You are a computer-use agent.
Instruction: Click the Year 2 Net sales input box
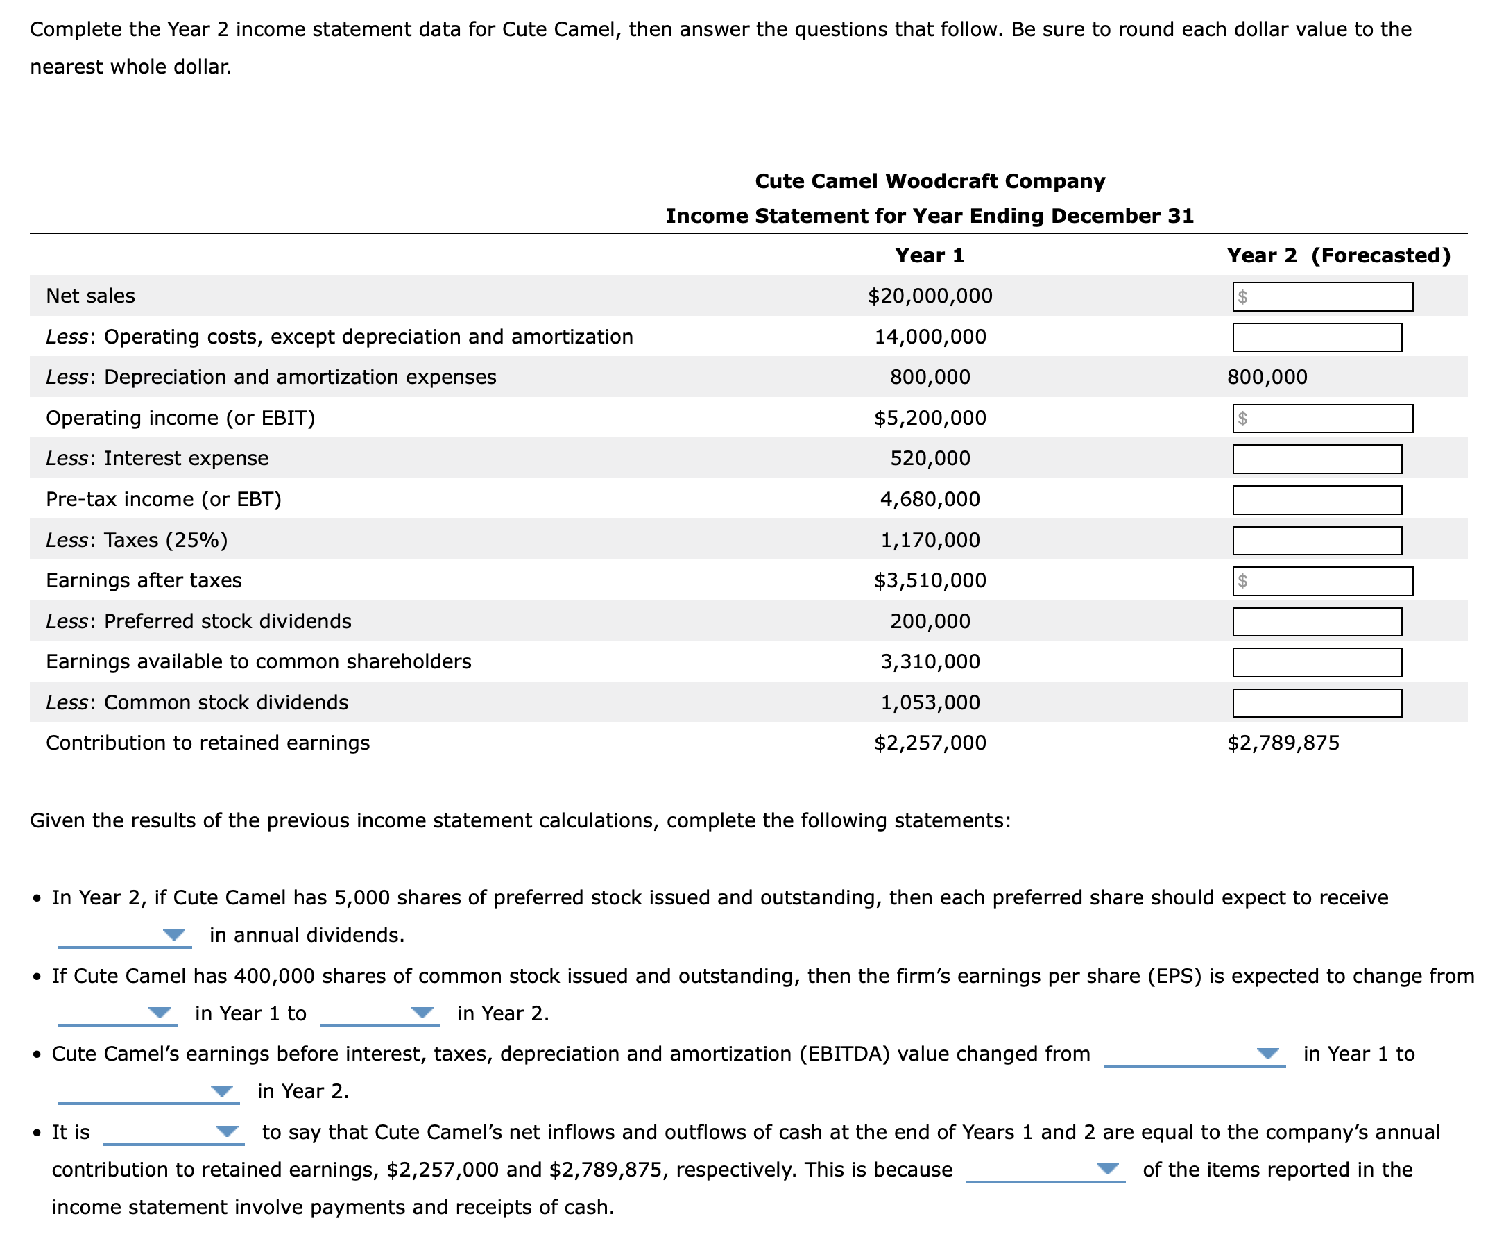coord(1322,296)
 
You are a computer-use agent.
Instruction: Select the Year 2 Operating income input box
coord(1322,419)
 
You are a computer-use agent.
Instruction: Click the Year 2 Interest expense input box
coord(1317,459)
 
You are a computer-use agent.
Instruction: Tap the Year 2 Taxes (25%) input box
coord(1317,541)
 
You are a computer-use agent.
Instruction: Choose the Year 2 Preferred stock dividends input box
coord(1317,622)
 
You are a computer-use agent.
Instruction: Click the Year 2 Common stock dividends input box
coord(1317,703)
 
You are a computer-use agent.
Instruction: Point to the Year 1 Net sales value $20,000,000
coord(930,296)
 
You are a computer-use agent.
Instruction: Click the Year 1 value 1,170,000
coord(930,540)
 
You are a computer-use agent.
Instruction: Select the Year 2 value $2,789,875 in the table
coord(1283,743)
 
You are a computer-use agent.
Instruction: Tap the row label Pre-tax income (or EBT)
coord(163,499)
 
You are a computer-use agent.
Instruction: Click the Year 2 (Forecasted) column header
coord(1338,255)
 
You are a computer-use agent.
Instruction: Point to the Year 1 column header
coord(929,255)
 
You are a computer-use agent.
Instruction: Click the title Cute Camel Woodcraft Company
coord(930,181)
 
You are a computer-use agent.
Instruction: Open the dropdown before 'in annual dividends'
coord(125,935)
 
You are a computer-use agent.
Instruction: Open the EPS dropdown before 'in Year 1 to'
coord(118,1013)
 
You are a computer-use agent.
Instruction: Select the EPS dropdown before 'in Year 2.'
coord(380,1013)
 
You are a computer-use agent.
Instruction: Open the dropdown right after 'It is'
coord(173,1133)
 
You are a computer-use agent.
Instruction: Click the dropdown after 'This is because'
coord(1044,1170)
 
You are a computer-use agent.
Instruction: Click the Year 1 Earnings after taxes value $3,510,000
coord(930,580)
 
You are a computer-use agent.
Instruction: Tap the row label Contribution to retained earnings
coord(207,743)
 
